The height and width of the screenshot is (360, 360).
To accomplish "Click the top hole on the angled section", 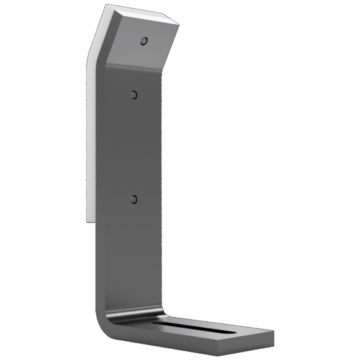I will tap(144, 42).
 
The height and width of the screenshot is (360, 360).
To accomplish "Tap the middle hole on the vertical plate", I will tap(133, 95).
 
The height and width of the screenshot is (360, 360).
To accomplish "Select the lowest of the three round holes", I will tap(133, 199).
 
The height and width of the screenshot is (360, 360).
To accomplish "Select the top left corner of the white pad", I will tap(104, 7).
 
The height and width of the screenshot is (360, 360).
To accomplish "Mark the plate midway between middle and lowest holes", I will tap(133, 147).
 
